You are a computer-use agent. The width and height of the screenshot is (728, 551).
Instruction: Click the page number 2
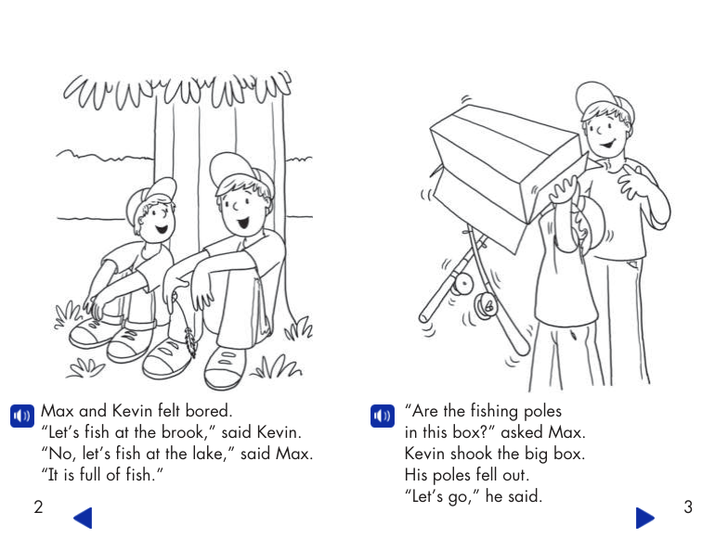(38, 506)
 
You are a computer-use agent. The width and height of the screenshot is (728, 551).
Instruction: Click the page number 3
(687, 506)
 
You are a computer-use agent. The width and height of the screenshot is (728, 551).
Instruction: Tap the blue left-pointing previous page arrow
(83, 518)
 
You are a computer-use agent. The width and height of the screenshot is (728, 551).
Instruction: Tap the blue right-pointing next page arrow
(644, 518)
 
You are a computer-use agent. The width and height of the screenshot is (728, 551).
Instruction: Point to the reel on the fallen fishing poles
(484, 303)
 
